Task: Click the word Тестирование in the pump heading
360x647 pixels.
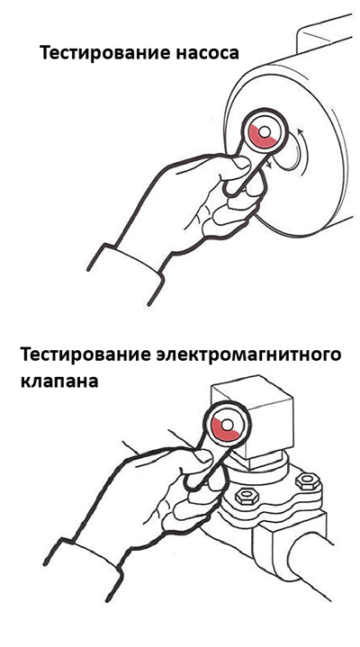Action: (97, 54)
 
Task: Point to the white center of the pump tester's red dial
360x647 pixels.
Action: (265, 131)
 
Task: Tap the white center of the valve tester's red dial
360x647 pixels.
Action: (228, 425)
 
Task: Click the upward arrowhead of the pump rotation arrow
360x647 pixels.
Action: (300, 131)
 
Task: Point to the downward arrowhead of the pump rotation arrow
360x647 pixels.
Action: (269, 165)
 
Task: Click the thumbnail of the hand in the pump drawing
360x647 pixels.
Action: (241, 163)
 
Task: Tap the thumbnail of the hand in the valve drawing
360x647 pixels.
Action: (203, 456)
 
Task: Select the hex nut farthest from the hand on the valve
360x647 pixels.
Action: (308, 481)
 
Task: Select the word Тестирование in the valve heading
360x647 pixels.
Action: (78, 355)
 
